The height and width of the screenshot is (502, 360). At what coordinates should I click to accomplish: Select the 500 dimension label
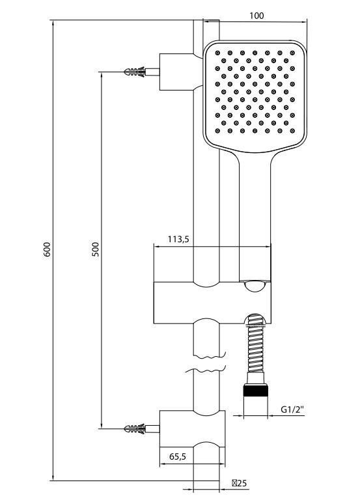coord(95,249)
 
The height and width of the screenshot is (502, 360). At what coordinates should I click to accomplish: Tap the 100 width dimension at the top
coord(256,16)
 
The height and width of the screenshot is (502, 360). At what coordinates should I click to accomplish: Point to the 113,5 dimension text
coord(178,240)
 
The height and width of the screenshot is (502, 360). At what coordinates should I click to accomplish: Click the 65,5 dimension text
coord(177,457)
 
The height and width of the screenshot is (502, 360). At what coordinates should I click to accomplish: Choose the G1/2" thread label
coord(293,409)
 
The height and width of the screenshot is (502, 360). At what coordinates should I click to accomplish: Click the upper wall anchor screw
coord(135,71)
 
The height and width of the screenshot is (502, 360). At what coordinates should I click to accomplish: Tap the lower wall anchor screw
coord(135,428)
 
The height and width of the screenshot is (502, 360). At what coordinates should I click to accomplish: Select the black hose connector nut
coord(255,391)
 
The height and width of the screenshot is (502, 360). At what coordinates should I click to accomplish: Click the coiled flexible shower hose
coord(255,352)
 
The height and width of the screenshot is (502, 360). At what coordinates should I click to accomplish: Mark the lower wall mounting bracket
coord(192,438)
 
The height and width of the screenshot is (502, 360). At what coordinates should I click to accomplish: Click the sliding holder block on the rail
coord(195,303)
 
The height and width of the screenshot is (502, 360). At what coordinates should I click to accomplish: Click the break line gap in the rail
coord(208,365)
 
